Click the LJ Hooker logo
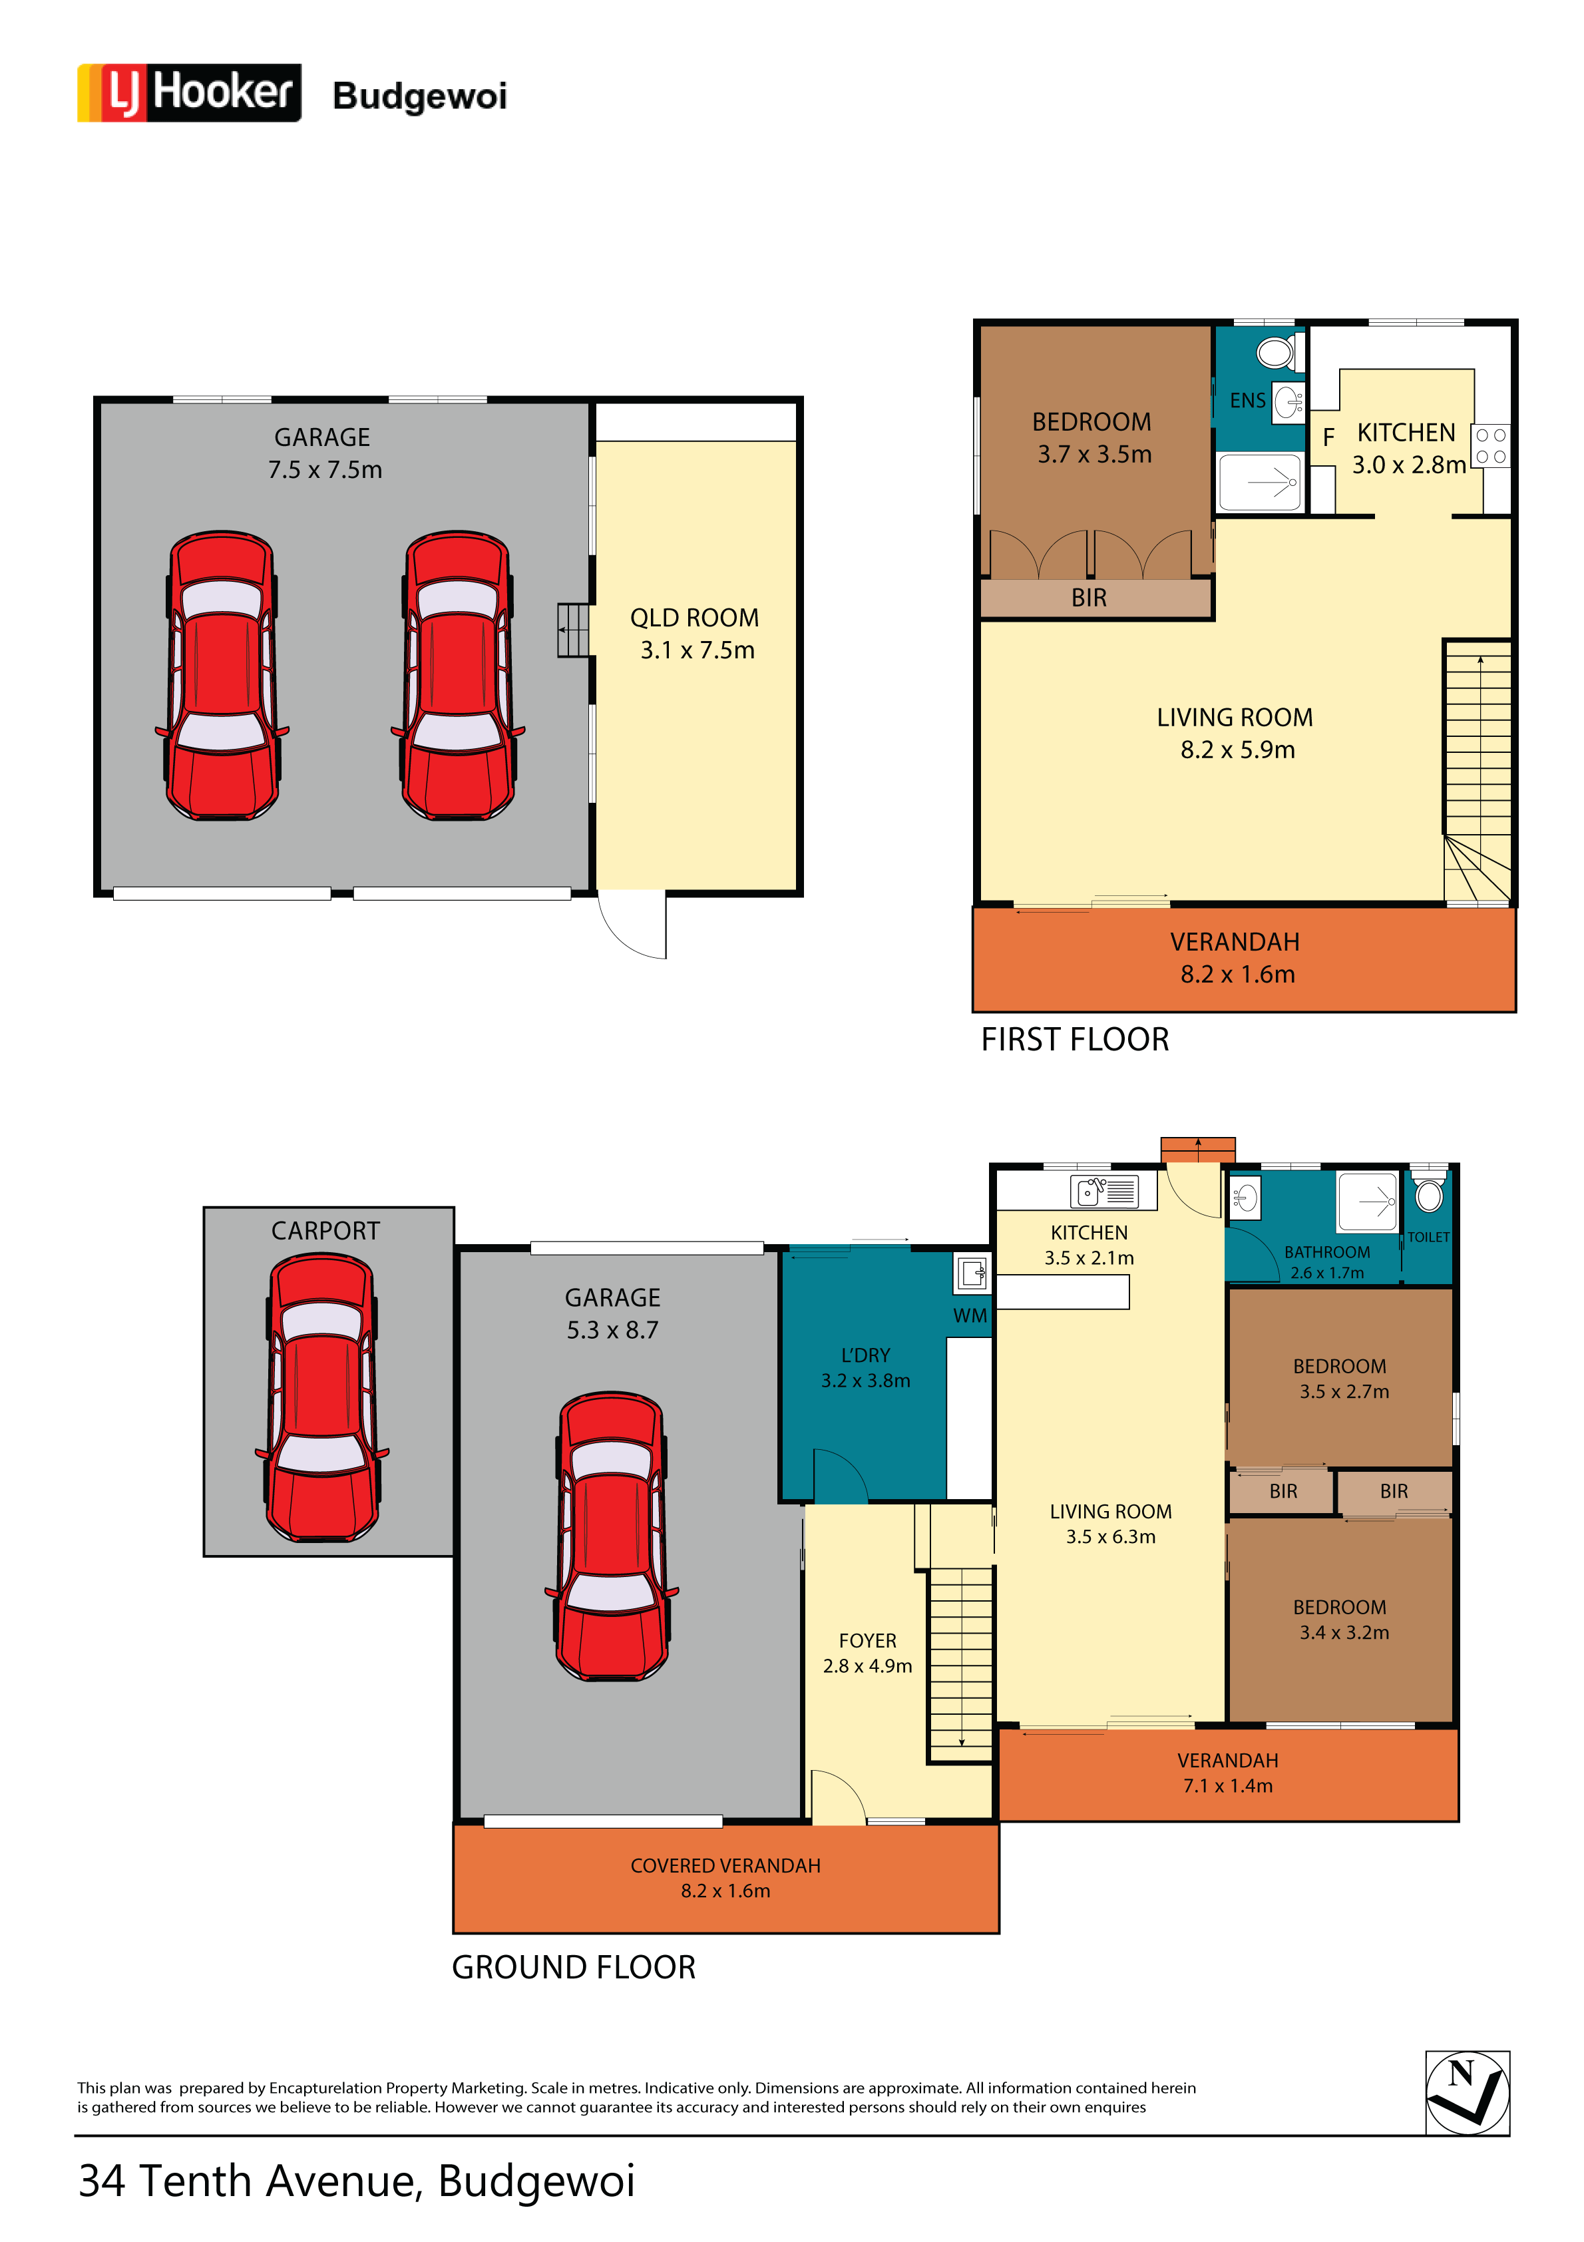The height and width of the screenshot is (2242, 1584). pyautogui.click(x=190, y=93)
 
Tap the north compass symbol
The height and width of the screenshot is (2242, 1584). pyautogui.click(x=1467, y=2094)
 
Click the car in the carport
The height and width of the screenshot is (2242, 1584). pyautogui.click(x=322, y=1397)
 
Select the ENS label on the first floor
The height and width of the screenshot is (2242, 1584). pyautogui.click(x=1247, y=400)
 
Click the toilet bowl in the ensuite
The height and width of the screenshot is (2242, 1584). pyautogui.click(x=1277, y=351)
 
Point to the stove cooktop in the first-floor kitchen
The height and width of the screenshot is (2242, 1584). pyautogui.click(x=1490, y=446)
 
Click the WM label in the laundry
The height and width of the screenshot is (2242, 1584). pyautogui.click(x=970, y=1315)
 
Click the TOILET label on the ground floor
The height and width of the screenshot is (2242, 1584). pyautogui.click(x=1428, y=1237)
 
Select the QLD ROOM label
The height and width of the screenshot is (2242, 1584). pyautogui.click(x=694, y=618)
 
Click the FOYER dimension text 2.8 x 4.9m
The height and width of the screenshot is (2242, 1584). pyautogui.click(x=867, y=1666)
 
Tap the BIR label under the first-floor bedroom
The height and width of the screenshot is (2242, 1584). pyautogui.click(x=1089, y=598)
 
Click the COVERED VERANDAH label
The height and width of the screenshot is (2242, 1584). pyautogui.click(x=725, y=1866)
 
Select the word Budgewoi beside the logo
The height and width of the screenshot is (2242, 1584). pyautogui.click(x=420, y=97)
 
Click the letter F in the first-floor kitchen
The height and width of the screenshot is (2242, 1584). pyautogui.click(x=1328, y=437)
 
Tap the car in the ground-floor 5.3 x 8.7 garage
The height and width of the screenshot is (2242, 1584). pyautogui.click(x=612, y=1536)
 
